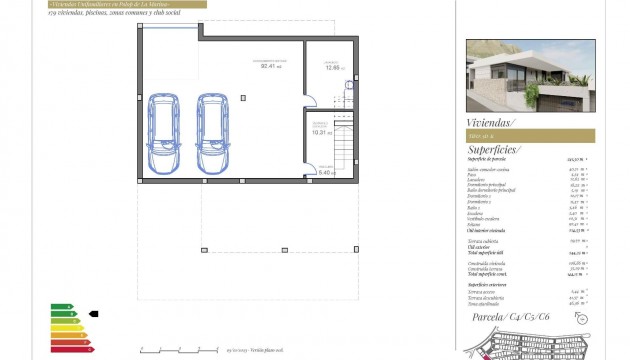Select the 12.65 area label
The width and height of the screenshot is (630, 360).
[x=332, y=67]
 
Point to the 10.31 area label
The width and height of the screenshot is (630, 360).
[x=320, y=130]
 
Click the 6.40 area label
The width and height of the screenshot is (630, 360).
[x=324, y=172]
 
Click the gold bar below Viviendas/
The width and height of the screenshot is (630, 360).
[x=530, y=135]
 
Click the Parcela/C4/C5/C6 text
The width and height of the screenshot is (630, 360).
[x=520, y=317]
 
